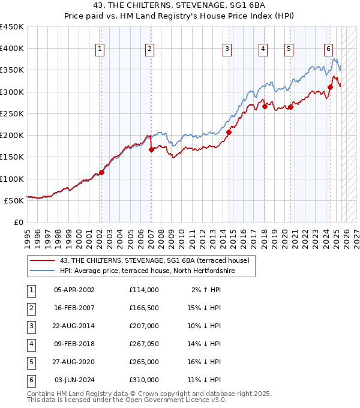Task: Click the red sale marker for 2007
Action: (x=151, y=150)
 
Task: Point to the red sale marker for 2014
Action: (x=229, y=133)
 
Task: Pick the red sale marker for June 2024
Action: (x=331, y=88)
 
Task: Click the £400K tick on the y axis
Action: (x=11, y=49)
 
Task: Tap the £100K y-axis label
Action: (x=11, y=179)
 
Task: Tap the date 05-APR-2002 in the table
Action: (x=74, y=290)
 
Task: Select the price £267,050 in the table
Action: (x=144, y=344)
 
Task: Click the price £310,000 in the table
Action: (x=144, y=380)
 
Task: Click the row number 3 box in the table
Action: (x=30, y=326)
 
